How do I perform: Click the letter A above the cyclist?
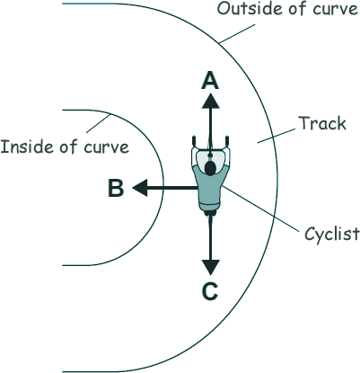click(x=210, y=81)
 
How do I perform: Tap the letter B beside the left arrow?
click(x=116, y=188)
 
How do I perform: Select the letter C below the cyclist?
click(x=210, y=291)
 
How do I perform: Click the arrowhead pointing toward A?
click(x=211, y=101)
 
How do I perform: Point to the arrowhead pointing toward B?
click(x=140, y=188)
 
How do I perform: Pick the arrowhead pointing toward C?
click(x=211, y=267)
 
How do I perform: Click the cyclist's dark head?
click(x=211, y=168)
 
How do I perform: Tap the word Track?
click(x=322, y=123)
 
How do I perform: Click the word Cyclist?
click(x=332, y=234)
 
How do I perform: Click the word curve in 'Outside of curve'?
click(x=335, y=10)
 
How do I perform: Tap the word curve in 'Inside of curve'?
click(x=106, y=147)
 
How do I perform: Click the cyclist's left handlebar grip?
click(x=194, y=140)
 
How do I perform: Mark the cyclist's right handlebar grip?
click(x=227, y=140)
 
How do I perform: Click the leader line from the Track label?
click(x=277, y=136)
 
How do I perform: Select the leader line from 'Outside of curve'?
click(x=237, y=34)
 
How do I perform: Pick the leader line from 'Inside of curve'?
click(x=99, y=123)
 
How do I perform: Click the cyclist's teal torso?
click(x=210, y=186)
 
